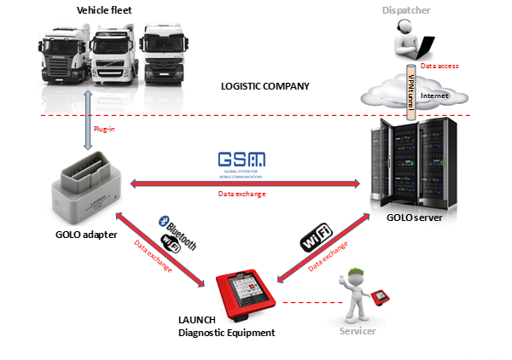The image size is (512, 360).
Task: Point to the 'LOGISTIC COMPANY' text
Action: point(264,87)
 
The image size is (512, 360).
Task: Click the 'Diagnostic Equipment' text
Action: point(226,333)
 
